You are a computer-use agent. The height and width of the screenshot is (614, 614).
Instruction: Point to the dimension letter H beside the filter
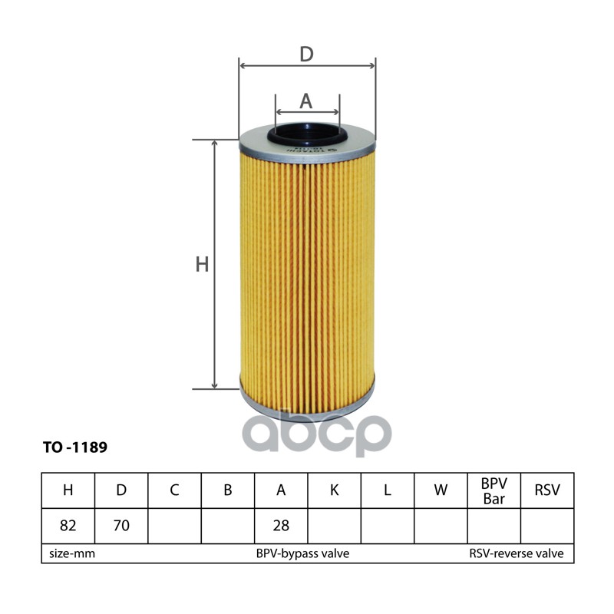pos(202,265)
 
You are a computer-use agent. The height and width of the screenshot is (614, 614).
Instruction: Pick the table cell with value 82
pos(68,526)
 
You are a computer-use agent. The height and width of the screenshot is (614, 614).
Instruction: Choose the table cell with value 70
pos(120,526)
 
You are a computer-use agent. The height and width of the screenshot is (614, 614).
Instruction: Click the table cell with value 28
pos(281,526)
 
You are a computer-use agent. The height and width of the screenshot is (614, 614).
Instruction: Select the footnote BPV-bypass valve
pos(302,553)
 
